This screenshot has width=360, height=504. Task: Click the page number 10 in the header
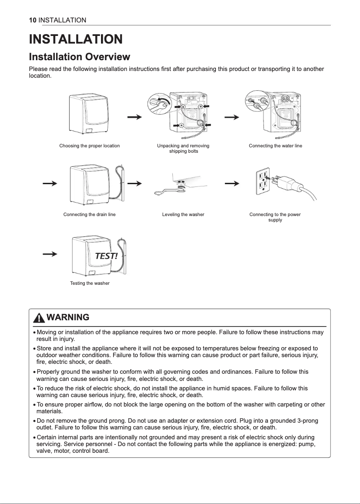point(32,20)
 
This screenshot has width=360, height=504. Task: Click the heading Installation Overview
point(79,57)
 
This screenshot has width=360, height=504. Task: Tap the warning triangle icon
point(40,318)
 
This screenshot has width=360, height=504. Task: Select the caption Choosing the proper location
point(89,146)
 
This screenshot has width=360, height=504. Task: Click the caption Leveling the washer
point(183,214)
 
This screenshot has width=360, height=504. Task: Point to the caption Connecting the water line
point(275,146)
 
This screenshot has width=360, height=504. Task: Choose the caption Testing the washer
point(90,283)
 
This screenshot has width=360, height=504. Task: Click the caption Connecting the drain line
point(89,214)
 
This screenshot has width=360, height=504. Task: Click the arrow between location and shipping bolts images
point(135,117)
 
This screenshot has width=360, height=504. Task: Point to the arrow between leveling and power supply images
point(231,183)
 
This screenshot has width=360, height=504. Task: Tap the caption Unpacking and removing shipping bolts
point(183,148)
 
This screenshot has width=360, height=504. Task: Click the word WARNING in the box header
point(68,318)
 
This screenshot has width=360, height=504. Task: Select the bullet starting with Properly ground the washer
point(172,375)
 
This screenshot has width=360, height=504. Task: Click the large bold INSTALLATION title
point(75,39)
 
